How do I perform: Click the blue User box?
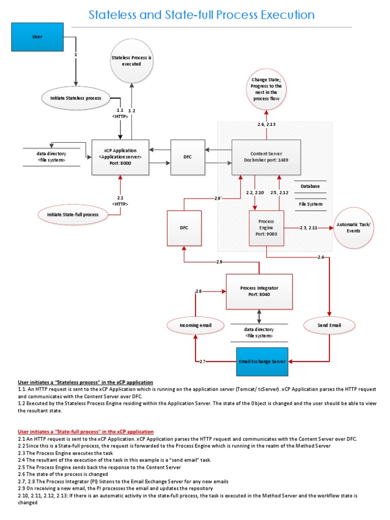tap(37, 37)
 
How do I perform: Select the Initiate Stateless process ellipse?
tap(76, 97)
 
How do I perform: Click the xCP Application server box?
tap(120, 157)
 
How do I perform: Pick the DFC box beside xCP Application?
tap(188, 157)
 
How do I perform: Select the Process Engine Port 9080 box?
tap(266, 228)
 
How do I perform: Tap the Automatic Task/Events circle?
tap(353, 227)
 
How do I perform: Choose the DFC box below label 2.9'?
tap(184, 228)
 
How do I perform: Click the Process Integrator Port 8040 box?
tap(259, 291)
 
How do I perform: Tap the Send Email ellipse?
tap(329, 324)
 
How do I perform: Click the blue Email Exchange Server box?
tap(263, 362)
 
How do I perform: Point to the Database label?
tap(310, 186)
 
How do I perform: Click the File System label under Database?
tap(310, 204)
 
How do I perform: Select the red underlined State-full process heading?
tap(85, 431)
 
